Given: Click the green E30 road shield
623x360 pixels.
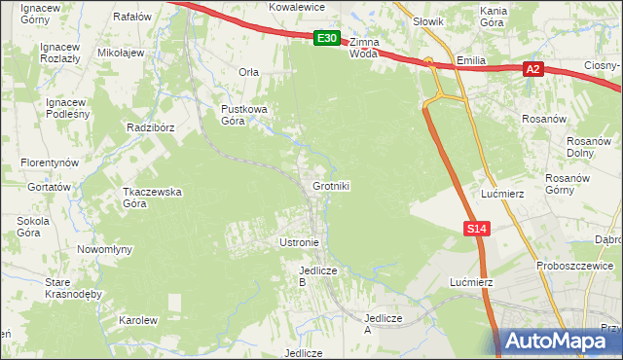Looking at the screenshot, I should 326,39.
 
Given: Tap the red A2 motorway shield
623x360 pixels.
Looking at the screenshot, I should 531,69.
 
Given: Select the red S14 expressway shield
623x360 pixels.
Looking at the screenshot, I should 474,228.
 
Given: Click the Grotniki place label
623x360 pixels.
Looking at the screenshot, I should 331,185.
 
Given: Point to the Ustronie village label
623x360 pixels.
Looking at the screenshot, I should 299,241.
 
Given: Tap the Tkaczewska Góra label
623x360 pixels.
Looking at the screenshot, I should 152,198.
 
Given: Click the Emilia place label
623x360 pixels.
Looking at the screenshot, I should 471,60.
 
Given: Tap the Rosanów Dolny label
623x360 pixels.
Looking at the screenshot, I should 587,147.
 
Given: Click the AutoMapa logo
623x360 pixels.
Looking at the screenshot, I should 560,342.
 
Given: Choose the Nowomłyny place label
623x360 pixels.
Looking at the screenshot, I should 104,249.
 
